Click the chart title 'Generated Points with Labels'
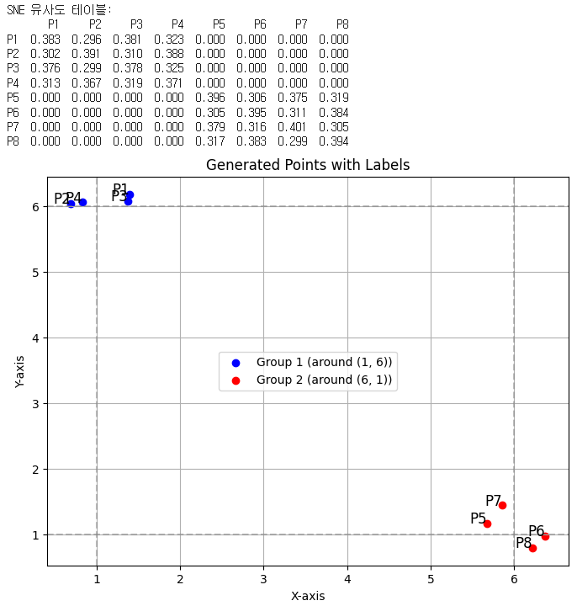(307, 165)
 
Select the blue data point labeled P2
(71, 204)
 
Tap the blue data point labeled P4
(82, 202)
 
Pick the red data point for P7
(502, 505)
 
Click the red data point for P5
(487, 524)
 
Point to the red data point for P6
(545, 536)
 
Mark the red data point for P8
(532, 548)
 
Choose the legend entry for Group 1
(324, 362)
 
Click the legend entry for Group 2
(324, 380)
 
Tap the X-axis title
(307, 596)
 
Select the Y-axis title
(20, 371)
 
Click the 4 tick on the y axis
(35, 338)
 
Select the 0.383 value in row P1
(45, 40)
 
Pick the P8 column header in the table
(342, 25)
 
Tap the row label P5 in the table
(12, 98)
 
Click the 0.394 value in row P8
(333, 141)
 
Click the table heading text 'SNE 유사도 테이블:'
(59, 10)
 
